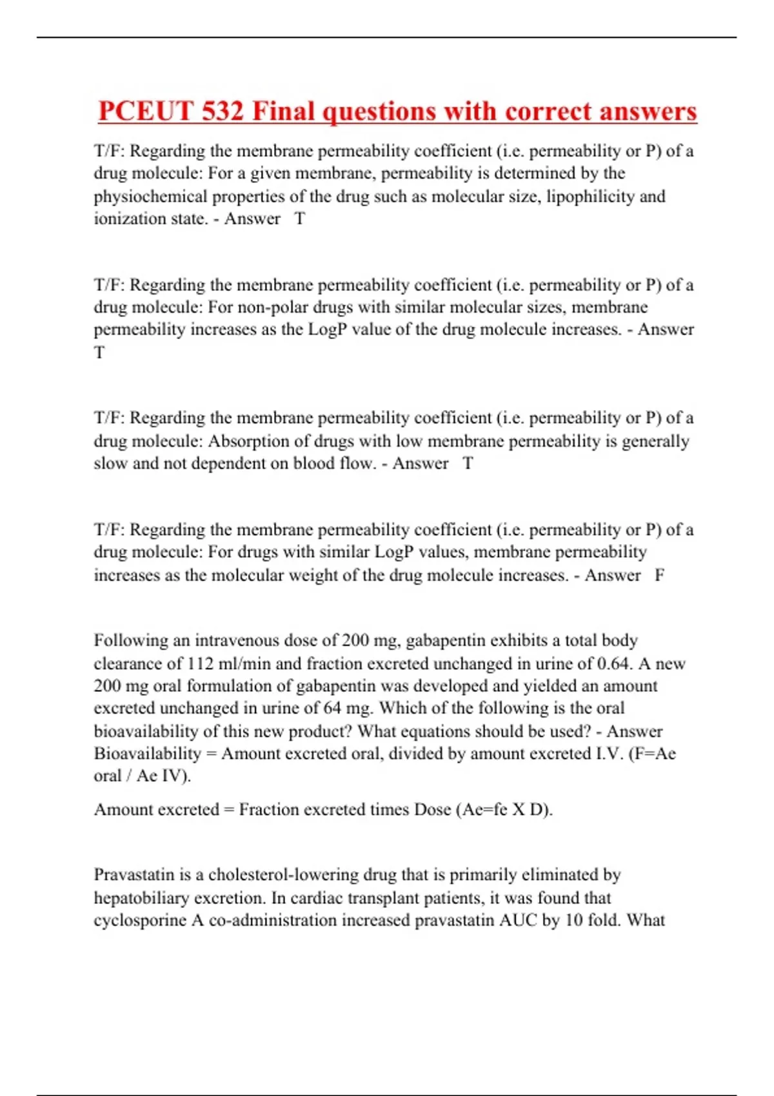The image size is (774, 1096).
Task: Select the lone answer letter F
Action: (659, 574)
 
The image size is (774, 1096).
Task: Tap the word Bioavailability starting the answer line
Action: (148, 753)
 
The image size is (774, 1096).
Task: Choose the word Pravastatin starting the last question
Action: (134, 875)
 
